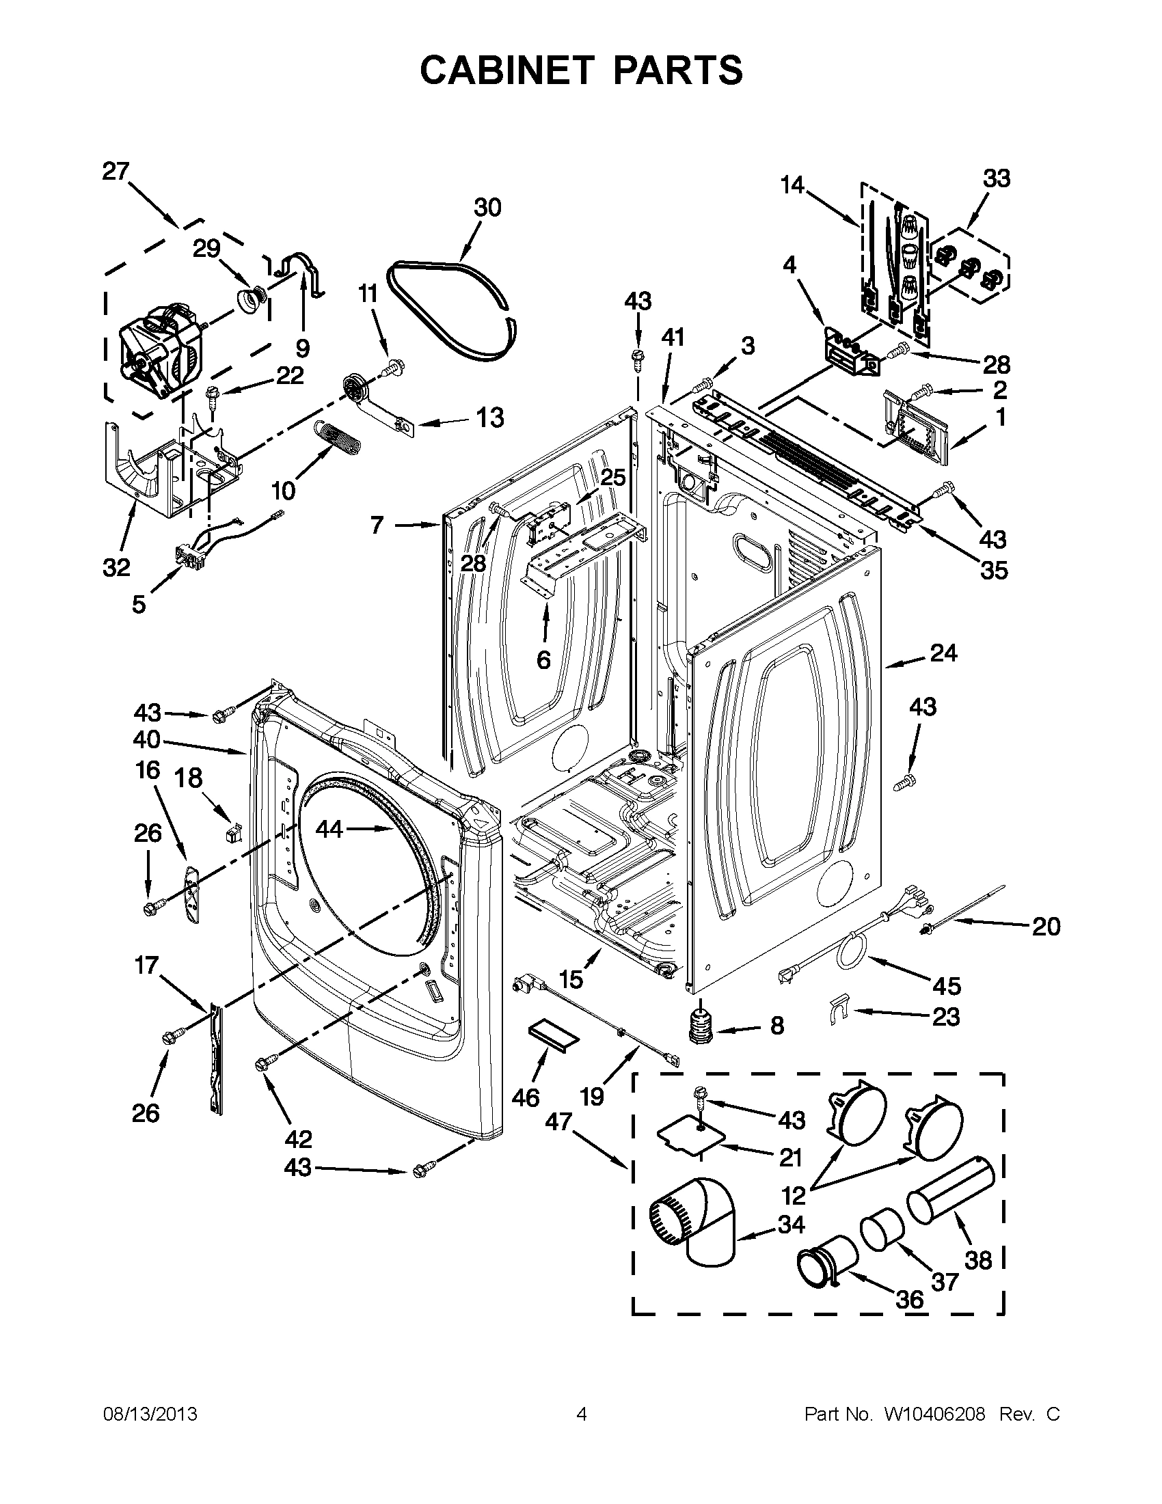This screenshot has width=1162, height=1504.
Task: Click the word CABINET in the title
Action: [506, 70]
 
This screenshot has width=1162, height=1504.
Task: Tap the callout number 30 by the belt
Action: [487, 207]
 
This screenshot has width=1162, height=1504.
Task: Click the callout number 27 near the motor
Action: [116, 171]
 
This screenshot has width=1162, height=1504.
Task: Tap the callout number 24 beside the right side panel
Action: [943, 653]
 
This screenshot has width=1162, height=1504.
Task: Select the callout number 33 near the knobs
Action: [996, 178]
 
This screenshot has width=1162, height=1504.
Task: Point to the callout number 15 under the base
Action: [571, 979]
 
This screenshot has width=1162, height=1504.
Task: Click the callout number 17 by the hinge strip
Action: [147, 966]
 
